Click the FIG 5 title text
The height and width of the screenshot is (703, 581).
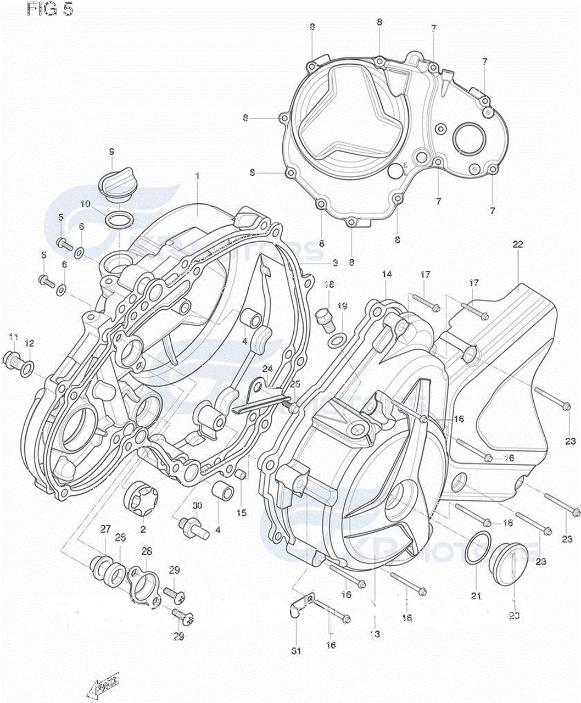[x=49, y=10]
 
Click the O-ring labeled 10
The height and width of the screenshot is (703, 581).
[x=119, y=220]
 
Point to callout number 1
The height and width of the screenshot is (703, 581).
[x=197, y=176]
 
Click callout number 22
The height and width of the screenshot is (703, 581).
[x=517, y=244]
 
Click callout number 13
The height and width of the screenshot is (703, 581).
[x=375, y=634]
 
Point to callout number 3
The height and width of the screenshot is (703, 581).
[x=334, y=263]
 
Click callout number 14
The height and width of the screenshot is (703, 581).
[x=387, y=274]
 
